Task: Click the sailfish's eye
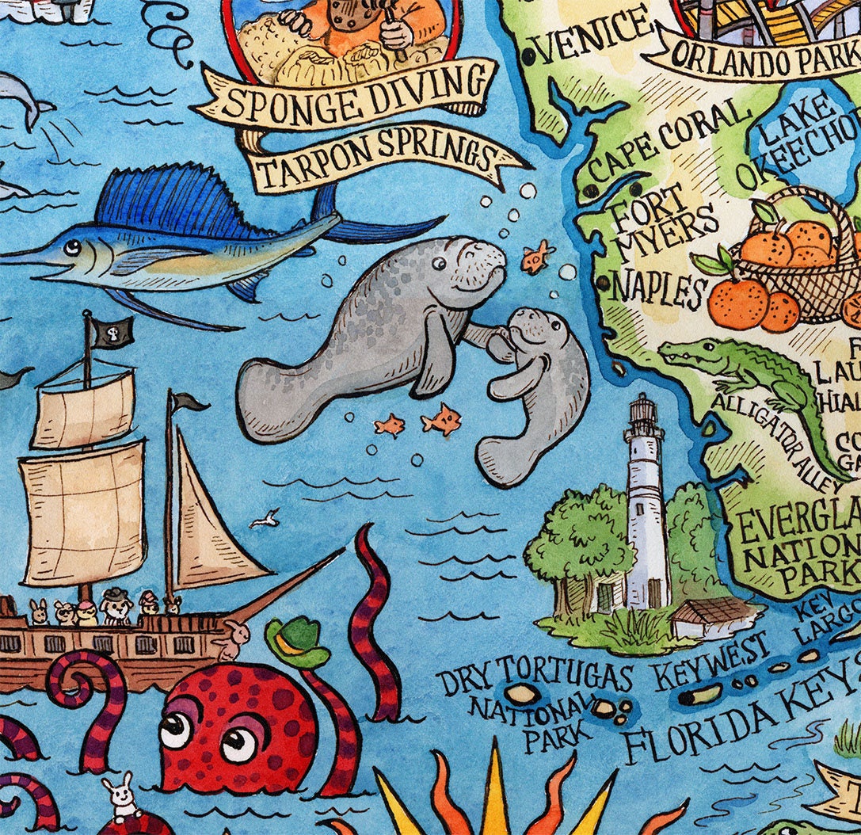tap(72, 247)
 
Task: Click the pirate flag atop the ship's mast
tap(111, 332)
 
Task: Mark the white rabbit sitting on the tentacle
tap(123, 799)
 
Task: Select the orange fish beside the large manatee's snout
tap(536, 258)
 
